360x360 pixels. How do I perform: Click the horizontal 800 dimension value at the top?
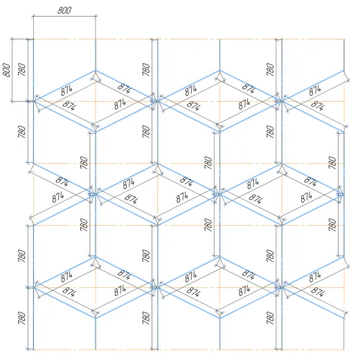click(64, 10)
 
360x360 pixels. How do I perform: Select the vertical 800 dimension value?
click(7, 70)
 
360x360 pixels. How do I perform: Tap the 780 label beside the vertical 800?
click(22, 69)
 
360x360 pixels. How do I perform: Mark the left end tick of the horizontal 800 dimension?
click(34, 16)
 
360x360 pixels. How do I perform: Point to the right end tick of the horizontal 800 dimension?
click(96, 16)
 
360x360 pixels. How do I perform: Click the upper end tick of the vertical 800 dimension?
click(12, 39)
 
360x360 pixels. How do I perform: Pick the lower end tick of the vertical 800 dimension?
click(12, 101)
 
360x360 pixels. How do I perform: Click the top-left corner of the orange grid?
click(34, 39)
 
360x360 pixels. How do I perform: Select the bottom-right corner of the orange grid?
click(344, 350)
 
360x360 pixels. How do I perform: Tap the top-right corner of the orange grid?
click(344, 39)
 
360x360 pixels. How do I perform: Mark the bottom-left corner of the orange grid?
click(34, 350)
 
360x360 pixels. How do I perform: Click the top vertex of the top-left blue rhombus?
click(96, 70)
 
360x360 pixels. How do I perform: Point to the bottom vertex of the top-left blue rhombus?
click(96, 132)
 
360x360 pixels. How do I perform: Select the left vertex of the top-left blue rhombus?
click(34, 101)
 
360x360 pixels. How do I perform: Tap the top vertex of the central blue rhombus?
click(158, 163)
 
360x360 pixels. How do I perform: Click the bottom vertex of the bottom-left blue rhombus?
click(96, 318)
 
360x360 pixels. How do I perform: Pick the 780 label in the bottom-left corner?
click(22, 318)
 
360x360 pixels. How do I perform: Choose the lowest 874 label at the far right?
click(318, 291)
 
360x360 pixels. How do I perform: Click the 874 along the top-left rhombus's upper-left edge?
click(66, 90)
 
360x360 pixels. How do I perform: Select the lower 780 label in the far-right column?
click(332, 225)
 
